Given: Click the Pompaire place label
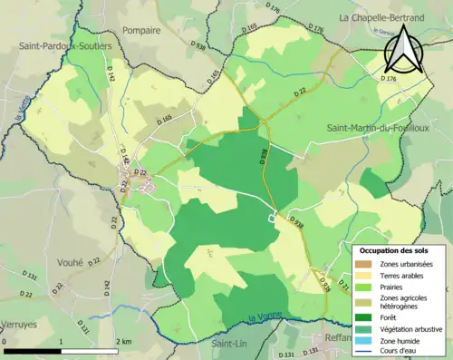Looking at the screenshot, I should click(145, 29).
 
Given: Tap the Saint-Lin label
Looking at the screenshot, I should click(230, 344).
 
